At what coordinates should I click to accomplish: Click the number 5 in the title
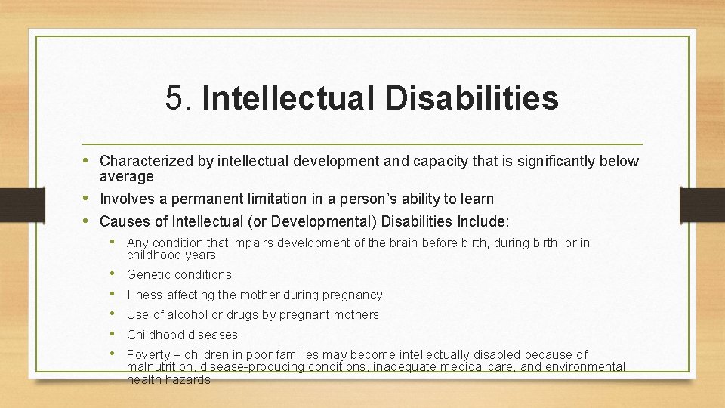(174, 98)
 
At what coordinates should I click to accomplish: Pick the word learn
(477, 199)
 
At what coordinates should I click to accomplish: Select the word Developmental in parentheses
(332, 221)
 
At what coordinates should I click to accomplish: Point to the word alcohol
(190, 315)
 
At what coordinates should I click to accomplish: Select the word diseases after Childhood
(212, 335)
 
